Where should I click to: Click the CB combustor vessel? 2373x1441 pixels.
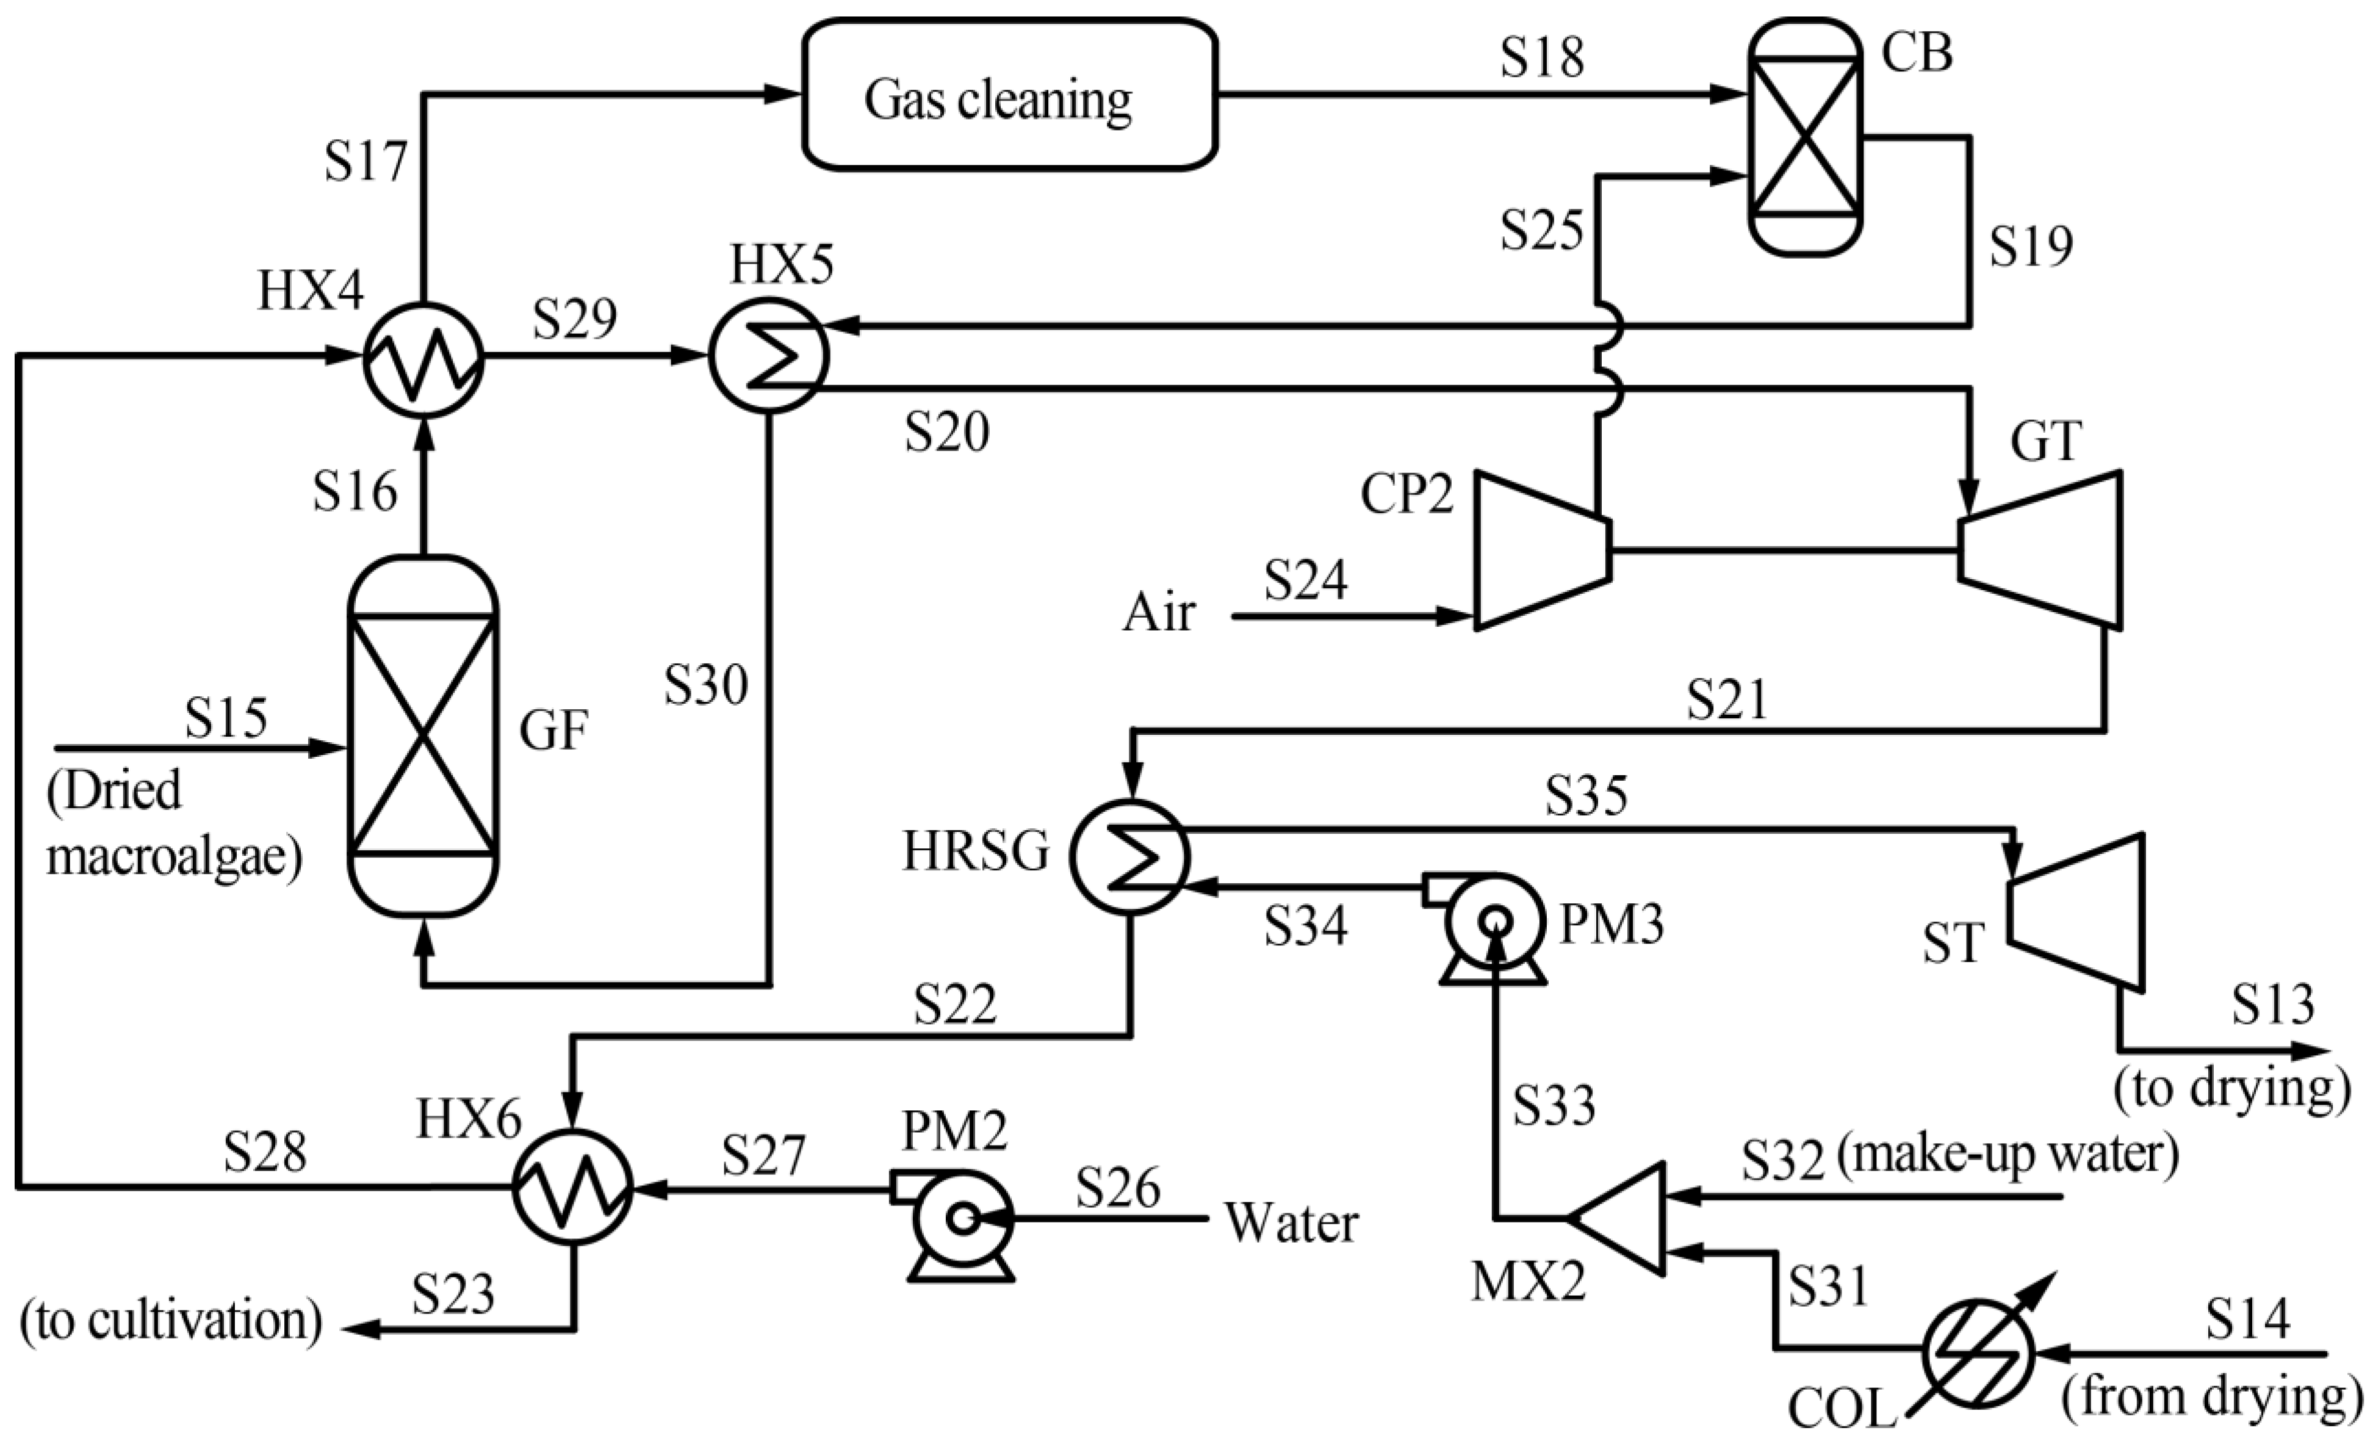point(1805,137)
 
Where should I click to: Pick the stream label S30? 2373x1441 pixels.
point(706,686)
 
